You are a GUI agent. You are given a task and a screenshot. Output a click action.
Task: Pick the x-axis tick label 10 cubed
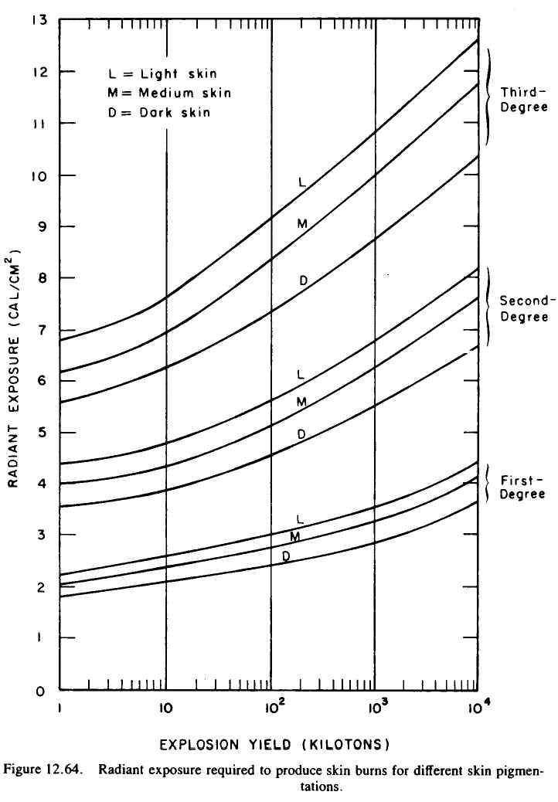(378, 705)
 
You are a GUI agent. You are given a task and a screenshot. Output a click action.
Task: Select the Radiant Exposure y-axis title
(15, 369)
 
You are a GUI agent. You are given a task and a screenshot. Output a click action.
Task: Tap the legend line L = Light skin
(163, 74)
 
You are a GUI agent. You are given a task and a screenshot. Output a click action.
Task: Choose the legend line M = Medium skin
(169, 93)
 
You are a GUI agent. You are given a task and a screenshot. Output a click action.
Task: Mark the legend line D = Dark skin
(161, 113)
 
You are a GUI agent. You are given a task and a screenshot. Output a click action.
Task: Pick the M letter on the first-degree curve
(294, 536)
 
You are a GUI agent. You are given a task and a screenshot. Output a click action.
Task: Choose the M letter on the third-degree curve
(303, 224)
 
